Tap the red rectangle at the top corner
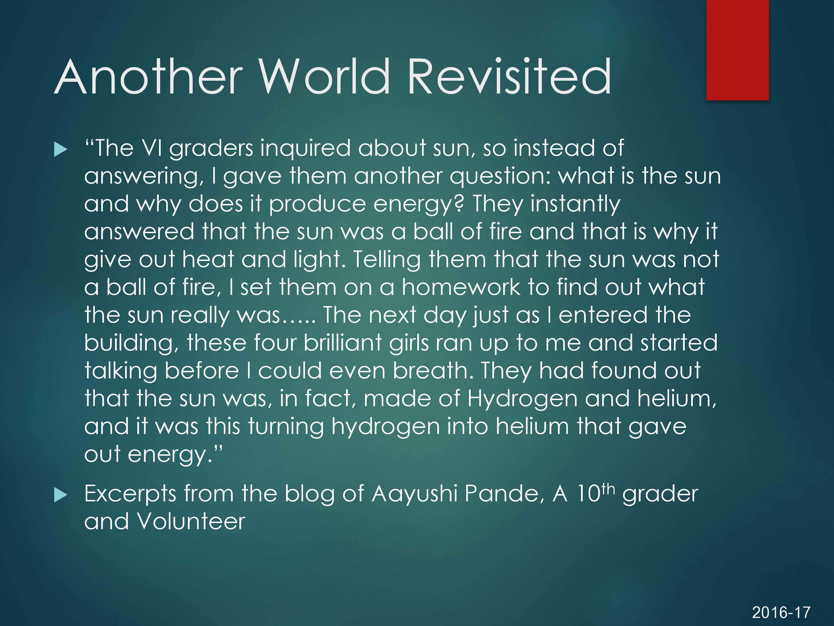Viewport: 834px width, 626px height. click(x=738, y=50)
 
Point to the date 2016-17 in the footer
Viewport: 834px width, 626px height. click(x=781, y=612)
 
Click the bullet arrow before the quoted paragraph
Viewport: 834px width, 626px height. click(x=61, y=149)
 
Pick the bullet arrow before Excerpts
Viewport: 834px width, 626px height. click(x=61, y=495)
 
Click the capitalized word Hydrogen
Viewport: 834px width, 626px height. click(x=522, y=399)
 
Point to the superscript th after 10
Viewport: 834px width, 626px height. click(x=609, y=489)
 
